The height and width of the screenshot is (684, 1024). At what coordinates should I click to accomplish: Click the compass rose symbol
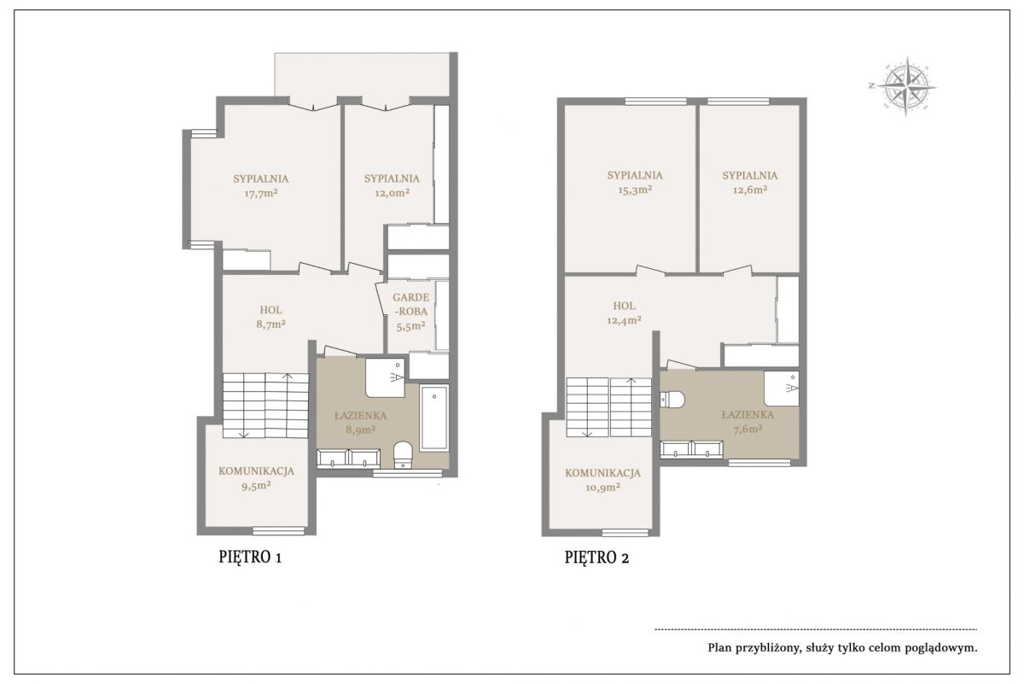pyautogui.click(x=906, y=86)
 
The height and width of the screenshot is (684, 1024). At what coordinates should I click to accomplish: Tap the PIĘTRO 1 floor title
pyautogui.click(x=250, y=558)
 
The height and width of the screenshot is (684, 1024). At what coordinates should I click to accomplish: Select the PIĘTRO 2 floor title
pyautogui.click(x=596, y=558)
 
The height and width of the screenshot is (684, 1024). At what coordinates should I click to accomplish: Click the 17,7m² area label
pyautogui.click(x=261, y=193)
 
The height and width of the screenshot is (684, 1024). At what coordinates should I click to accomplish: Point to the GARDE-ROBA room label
pyautogui.click(x=411, y=304)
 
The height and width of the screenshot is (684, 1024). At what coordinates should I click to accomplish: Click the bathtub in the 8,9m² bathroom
pyautogui.click(x=433, y=418)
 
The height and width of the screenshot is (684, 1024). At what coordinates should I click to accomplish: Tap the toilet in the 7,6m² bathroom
pyautogui.click(x=672, y=399)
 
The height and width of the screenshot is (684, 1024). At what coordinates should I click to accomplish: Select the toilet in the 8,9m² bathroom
pyautogui.click(x=403, y=454)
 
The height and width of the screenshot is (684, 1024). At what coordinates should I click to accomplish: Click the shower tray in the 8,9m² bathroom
pyautogui.click(x=385, y=377)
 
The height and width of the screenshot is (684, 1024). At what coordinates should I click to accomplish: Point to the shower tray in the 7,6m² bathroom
pyautogui.click(x=782, y=389)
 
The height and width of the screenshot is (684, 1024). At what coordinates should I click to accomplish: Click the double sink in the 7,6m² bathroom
pyautogui.click(x=691, y=449)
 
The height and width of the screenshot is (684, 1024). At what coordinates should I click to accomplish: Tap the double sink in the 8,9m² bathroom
pyautogui.click(x=348, y=459)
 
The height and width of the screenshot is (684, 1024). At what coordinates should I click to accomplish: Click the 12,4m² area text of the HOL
pyautogui.click(x=624, y=320)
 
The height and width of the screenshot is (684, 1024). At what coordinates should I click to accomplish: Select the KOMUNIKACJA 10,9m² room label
pyautogui.click(x=602, y=480)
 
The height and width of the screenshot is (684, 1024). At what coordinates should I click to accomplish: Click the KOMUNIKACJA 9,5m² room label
pyautogui.click(x=256, y=478)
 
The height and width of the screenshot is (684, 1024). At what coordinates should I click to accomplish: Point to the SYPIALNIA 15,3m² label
pyautogui.click(x=635, y=182)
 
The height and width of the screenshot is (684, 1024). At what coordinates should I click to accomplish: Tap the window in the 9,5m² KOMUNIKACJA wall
pyautogui.click(x=278, y=531)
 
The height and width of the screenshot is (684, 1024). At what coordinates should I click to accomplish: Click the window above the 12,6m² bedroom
pyautogui.click(x=738, y=102)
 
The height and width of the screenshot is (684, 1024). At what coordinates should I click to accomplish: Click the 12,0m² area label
pyautogui.click(x=393, y=193)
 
